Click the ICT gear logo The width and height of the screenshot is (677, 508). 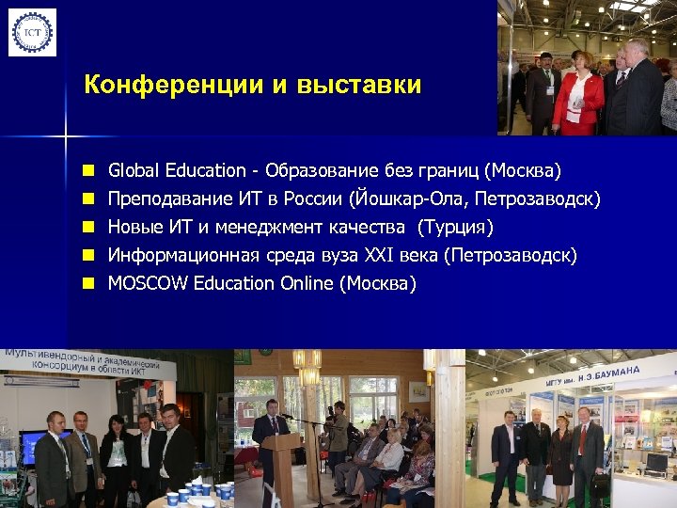[x=32, y=32]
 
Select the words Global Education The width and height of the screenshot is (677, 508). [x=177, y=170]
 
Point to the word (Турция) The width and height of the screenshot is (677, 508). [x=455, y=227]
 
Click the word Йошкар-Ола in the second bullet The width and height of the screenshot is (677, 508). [x=410, y=198]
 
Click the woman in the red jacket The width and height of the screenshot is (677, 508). [x=577, y=94]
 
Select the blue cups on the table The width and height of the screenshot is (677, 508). [x=199, y=491]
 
